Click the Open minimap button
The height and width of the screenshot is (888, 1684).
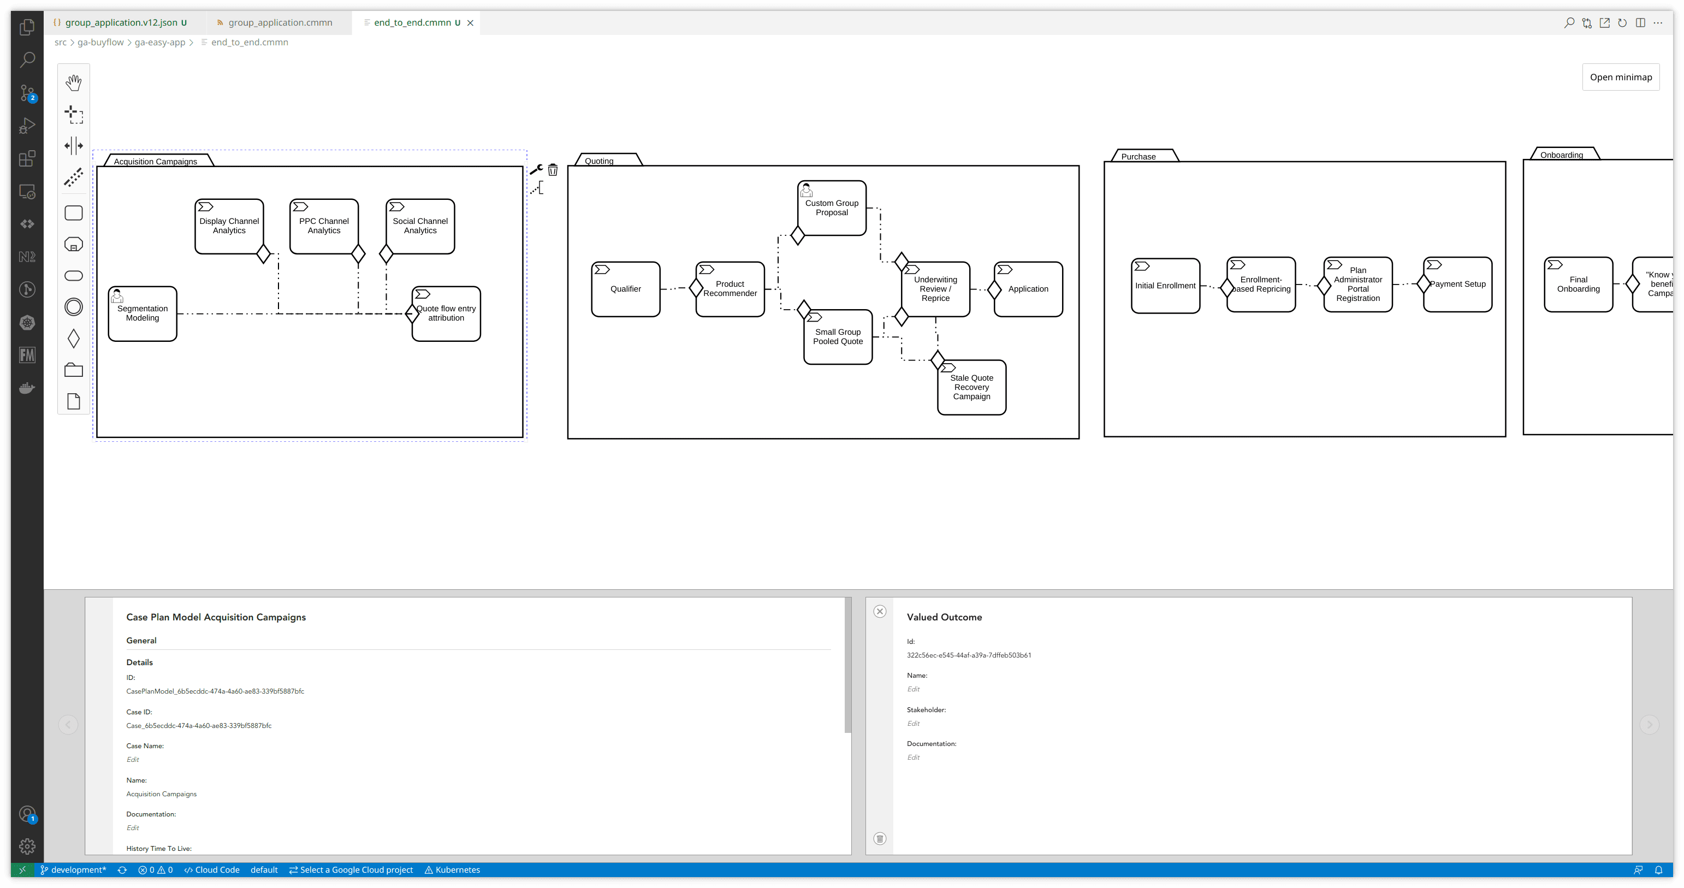pos(1620,77)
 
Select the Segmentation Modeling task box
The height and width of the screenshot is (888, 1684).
pos(143,314)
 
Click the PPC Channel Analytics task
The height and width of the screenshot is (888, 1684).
pos(324,226)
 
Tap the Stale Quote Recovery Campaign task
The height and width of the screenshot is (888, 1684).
pos(971,387)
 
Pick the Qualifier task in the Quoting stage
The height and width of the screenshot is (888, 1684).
pos(626,289)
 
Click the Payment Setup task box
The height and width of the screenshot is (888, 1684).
pos(1457,285)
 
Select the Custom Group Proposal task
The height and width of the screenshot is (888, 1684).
pos(832,208)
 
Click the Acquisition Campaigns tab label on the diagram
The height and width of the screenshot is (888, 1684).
pos(156,162)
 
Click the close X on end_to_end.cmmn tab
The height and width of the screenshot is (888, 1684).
pos(470,23)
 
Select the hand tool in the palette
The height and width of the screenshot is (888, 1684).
pos(74,82)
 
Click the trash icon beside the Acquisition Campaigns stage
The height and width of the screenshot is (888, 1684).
pos(553,170)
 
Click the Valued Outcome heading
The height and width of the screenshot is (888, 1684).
pos(944,617)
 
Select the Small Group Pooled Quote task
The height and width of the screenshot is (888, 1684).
pos(838,337)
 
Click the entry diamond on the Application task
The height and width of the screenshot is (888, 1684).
pos(994,289)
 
